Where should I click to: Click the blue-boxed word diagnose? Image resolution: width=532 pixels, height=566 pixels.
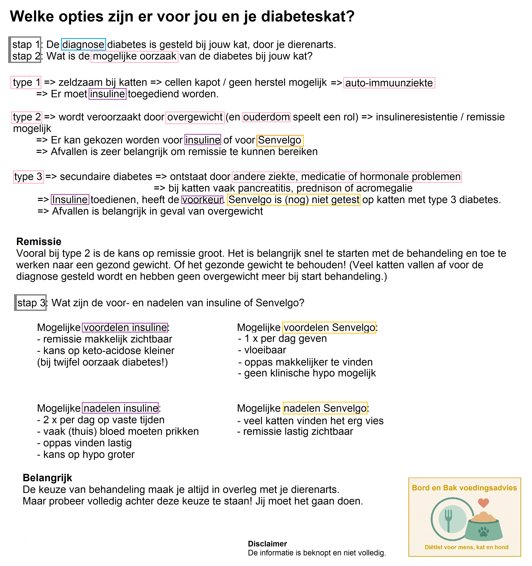click(83, 44)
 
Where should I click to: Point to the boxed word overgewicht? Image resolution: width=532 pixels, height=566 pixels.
click(195, 117)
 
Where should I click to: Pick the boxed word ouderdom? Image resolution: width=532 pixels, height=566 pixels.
click(266, 117)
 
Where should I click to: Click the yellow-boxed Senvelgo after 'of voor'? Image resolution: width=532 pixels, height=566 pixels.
click(280, 140)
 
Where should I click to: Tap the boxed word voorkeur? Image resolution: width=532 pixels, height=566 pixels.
click(202, 200)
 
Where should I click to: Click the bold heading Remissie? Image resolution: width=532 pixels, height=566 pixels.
click(39, 241)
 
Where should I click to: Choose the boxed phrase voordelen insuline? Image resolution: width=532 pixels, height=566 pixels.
click(125, 327)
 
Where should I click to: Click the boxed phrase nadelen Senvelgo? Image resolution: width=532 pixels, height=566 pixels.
click(325, 408)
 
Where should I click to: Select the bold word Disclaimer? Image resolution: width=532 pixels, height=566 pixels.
click(267, 544)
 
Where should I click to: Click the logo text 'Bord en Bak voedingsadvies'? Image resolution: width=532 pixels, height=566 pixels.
click(464, 488)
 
